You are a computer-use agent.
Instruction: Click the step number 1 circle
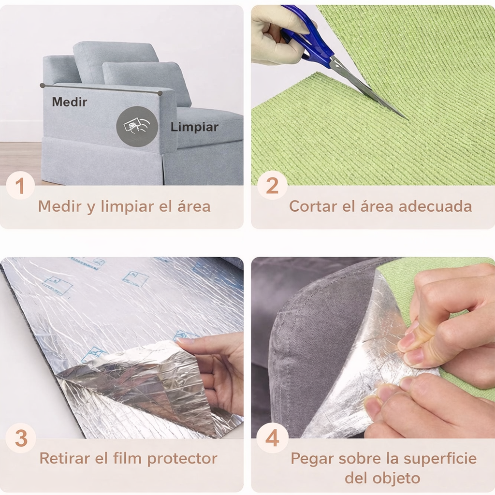pyautogui.click(x=20, y=186)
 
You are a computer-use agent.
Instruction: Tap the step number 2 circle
pyautogui.click(x=272, y=186)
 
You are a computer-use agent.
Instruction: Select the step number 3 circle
pyautogui.click(x=21, y=438)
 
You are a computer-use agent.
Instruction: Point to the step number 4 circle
pyautogui.click(x=272, y=438)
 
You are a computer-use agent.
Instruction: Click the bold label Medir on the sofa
pyautogui.click(x=70, y=102)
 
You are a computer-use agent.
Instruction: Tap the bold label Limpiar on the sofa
pyautogui.click(x=194, y=128)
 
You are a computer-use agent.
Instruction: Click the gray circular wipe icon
pyautogui.click(x=137, y=127)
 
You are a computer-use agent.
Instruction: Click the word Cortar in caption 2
pyautogui.click(x=313, y=206)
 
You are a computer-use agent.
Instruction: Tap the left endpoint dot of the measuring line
pyautogui.click(x=43, y=85)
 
